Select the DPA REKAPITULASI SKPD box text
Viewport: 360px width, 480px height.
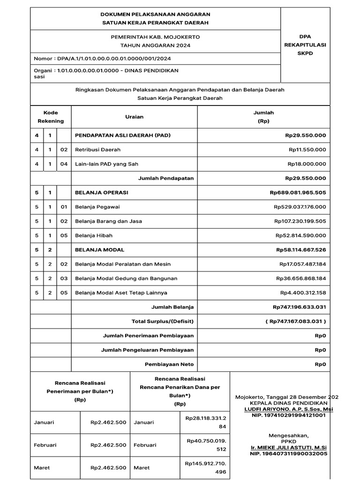pyautogui.click(x=305, y=45)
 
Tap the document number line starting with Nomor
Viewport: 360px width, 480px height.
pyautogui.click(x=102, y=59)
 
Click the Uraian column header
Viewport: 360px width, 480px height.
pyautogui.click(x=134, y=117)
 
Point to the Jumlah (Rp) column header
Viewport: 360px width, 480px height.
pyautogui.click(x=263, y=117)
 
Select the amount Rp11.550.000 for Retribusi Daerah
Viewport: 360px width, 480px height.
pyautogui.click(x=307, y=150)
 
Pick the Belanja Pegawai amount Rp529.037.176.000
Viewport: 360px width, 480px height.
pyautogui.click(x=300, y=207)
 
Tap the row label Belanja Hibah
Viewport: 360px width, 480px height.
pyautogui.click(x=94, y=235)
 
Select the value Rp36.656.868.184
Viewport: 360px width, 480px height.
pyautogui.click(x=301, y=278)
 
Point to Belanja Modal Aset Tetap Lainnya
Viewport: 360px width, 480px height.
pyautogui.click(x=121, y=293)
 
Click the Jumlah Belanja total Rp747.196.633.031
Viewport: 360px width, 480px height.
pyautogui.click(x=299, y=307)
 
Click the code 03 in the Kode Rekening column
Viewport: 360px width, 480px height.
pyautogui.click(x=64, y=278)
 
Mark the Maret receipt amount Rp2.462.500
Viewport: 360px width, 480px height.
pyautogui.click(x=108, y=468)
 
